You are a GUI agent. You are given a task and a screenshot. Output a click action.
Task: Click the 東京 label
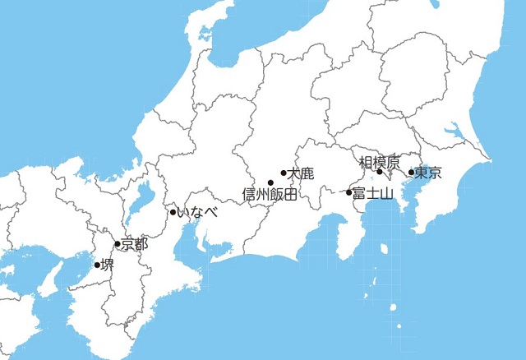[x=429, y=173]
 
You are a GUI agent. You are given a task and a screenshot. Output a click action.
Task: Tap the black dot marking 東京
[x=412, y=173]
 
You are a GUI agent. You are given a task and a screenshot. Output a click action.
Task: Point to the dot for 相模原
[x=380, y=173]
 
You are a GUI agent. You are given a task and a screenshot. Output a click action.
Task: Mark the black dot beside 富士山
[x=349, y=193]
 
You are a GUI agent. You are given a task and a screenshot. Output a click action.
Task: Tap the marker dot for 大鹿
[x=284, y=173]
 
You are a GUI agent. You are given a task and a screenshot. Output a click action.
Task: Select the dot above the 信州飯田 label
[x=270, y=182]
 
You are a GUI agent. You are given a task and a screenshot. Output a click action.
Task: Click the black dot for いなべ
[x=173, y=213]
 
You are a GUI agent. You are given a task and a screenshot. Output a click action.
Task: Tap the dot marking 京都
[x=118, y=244]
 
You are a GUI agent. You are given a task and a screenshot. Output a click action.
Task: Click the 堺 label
[x=108, y=265]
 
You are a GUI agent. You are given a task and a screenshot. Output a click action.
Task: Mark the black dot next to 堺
[x=97, y=265]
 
